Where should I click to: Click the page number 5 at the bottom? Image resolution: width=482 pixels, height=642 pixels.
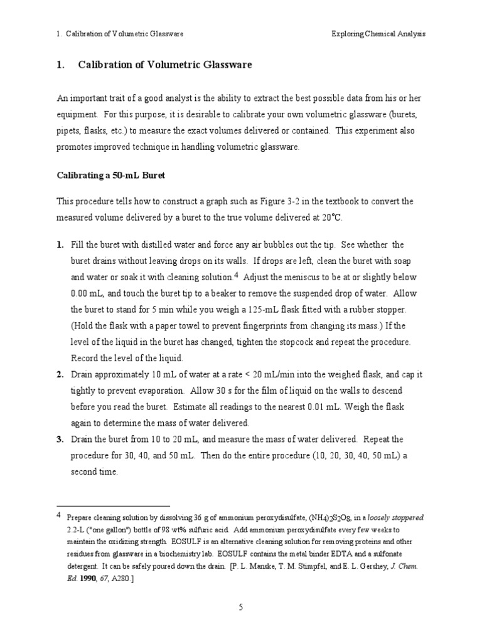(240, 607)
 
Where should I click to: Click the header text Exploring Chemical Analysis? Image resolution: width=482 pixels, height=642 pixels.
(378, 34)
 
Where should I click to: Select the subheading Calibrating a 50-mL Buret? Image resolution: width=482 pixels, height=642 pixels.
(110, 176)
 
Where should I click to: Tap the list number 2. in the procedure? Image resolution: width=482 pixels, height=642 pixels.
(60, 374)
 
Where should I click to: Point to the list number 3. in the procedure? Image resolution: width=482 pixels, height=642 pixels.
(60, 439)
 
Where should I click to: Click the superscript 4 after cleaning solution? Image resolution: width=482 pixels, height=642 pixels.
(235, 274)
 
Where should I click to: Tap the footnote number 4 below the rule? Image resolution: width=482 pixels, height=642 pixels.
(59, 515)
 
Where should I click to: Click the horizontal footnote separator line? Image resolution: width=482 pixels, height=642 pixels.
(113, 505)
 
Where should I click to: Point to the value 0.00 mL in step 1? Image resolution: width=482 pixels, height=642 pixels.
(88, 293)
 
